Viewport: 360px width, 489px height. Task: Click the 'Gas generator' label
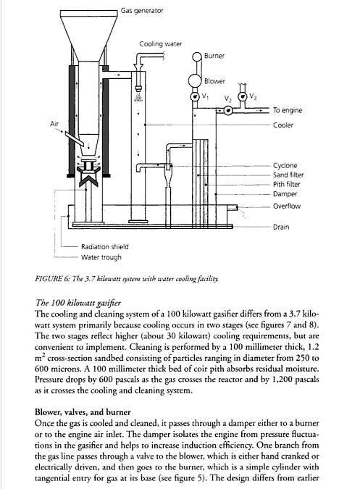click(142, 11)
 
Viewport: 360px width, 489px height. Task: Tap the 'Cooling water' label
click(161, 44)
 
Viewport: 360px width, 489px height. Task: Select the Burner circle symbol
click(197, 57)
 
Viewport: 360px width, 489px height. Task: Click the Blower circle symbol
click(195, 80)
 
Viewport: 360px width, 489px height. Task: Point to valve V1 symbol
click(195, 96)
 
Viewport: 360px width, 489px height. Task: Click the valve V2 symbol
click(228, 110)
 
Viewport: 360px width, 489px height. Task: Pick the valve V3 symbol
click(242, 96)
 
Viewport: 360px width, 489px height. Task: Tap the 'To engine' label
click(288, 110)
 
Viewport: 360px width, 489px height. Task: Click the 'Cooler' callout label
click(283, 125)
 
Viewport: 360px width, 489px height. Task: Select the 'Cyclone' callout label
click(285, 166)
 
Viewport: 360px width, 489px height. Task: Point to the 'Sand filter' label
click(288, 175)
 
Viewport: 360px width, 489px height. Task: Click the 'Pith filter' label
click(286, 184)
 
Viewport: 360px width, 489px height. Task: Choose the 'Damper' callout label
click(285, 194)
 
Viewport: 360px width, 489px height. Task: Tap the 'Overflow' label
click(287, 206)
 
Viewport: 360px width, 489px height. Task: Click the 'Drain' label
click(281, 227)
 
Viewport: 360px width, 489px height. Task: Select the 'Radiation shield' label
click(105, 247)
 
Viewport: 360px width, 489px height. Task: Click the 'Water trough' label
click(101, 257)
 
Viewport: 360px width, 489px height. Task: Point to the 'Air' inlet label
click(54, 124)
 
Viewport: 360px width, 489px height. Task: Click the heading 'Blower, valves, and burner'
click(83, 412)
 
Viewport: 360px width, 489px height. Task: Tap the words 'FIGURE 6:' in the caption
click(52, 279)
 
